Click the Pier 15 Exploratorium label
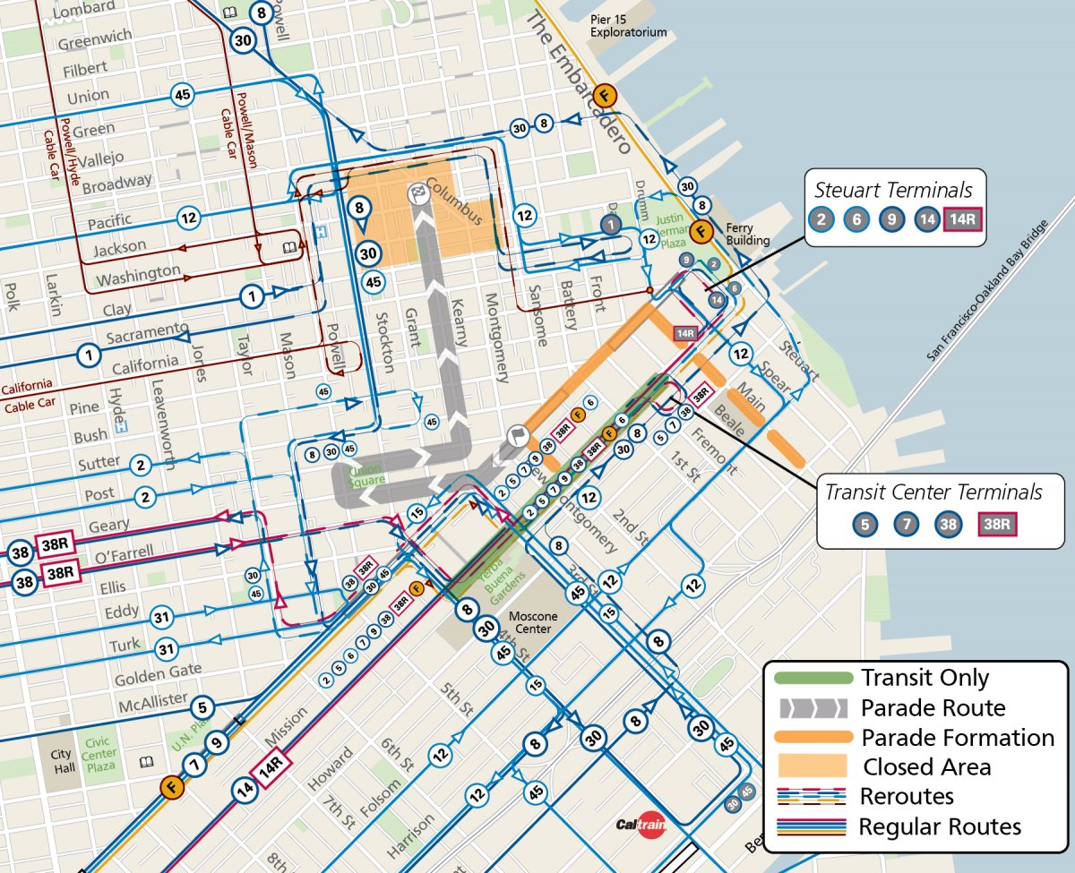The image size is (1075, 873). [628, 25]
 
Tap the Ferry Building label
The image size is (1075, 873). [747, 235]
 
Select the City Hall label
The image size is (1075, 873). [60, 762]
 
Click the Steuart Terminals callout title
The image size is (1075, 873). [893, 190]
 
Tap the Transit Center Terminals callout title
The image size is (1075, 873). [933, 492]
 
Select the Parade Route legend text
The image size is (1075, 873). [933, 708]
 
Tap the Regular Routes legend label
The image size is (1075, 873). [940, 826]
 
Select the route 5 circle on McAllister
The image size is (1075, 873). [202, 706]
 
